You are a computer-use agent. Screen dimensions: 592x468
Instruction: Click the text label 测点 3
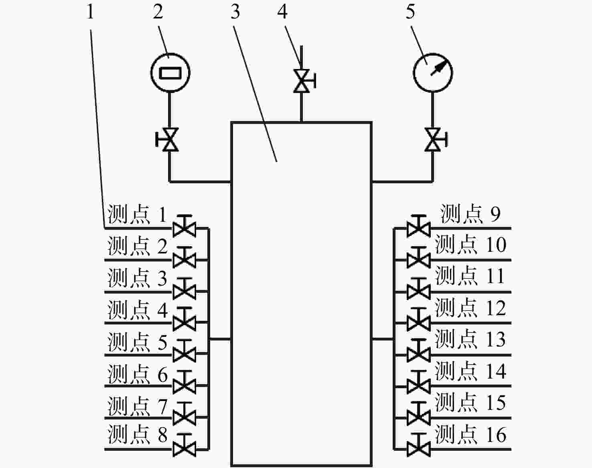pyautogui.click(x=137, y=278)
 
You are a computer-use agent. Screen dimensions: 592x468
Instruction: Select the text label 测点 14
pyautogui.click(x=471, y=371)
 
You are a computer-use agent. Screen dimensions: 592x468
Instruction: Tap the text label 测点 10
pyautogui.click(x=471, y=245)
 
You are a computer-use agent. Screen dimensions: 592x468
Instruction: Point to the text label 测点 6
pyautogui.click(x=137, y=374)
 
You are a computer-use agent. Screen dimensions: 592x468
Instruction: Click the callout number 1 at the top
pyautogui.click(x=90, y=12)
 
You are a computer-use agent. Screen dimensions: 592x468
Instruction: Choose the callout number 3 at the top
pyautogui.click(x=235, y=12)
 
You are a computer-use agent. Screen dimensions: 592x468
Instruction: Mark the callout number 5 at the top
pyautogui.click(x=410, y=12)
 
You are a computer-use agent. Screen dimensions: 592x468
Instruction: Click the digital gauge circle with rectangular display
pyautogui.click(x=170, y=73)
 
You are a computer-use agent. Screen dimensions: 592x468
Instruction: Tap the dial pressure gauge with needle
pyautogui.click(x=433, y=73)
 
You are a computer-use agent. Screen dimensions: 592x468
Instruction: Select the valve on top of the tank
pyautogui.click(x=303, y=81)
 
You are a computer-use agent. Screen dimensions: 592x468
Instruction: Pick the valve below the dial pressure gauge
pyautogui.click(x=435, y=140)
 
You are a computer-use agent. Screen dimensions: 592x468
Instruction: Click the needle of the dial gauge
pyautogui.click(x=440, y=67)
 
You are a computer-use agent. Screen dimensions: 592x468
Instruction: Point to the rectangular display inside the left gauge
pyautogui.click(x=170, y=73)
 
